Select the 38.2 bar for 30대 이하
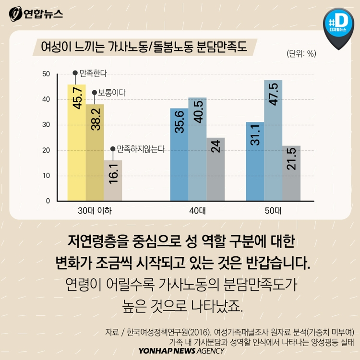point(95,152)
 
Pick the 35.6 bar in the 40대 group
point(180,155)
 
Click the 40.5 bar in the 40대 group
point(197,149)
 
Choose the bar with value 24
point(216,169)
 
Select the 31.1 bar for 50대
point(255,161)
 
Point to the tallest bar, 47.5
point(273,140)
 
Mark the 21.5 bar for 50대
point(291,173)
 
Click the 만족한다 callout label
point(94,73)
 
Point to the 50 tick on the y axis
point(46,74)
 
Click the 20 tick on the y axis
point(46,150)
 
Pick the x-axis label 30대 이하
point(95,210)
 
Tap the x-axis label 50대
point(273,210)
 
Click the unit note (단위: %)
point(301,54)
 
